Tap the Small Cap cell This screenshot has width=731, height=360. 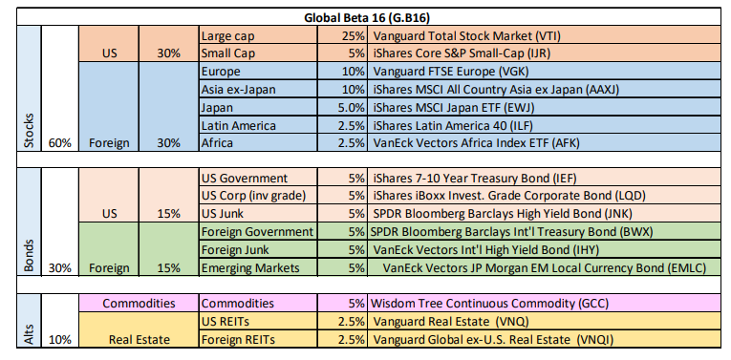(x=229, y=53)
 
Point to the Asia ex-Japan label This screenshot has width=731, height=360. (x=240, y=90)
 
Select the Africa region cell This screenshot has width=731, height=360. (x=219, y=143)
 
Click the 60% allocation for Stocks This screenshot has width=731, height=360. (x=59, y=143)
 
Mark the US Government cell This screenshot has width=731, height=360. (x=244, y=178)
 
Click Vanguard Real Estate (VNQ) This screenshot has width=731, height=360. (x=454, y=321)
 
